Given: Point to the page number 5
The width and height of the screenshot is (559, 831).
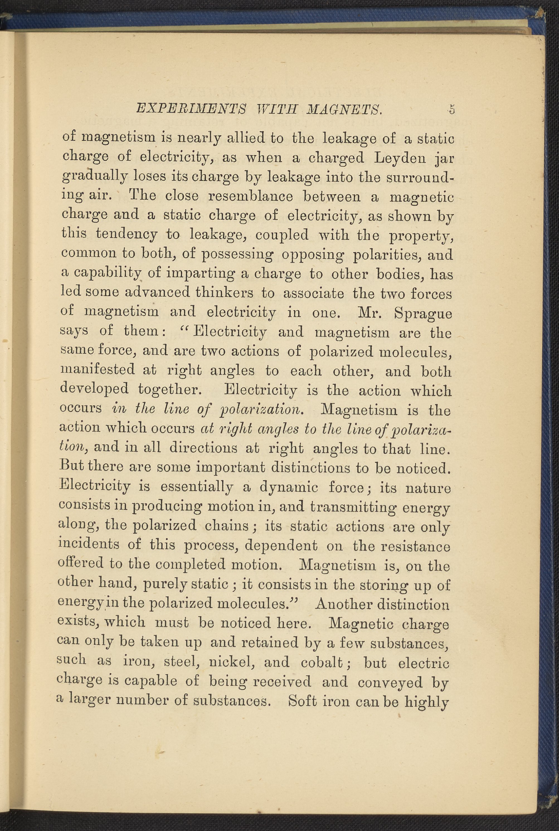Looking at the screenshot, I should click(x=452, y=109).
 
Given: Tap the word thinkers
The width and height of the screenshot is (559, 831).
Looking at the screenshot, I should click(x=224, y=292).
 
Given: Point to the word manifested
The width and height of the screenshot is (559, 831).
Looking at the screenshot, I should click(x=97, y=370).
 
